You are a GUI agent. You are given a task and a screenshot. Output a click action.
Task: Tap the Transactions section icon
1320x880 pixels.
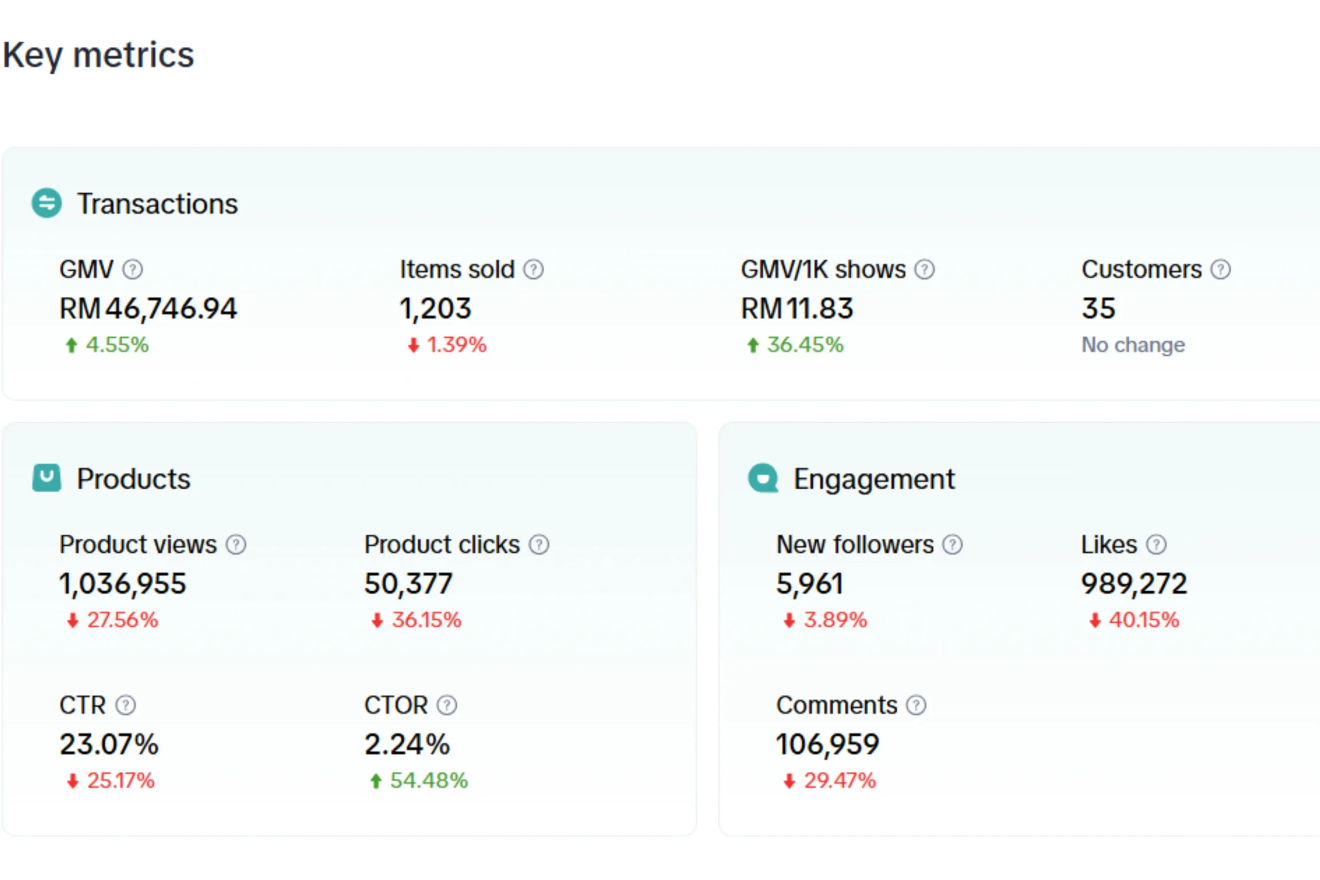pyautogui.click(x=46, y=203)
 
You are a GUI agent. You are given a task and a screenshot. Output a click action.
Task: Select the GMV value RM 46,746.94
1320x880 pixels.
pyautogui.click(x=148, y=309)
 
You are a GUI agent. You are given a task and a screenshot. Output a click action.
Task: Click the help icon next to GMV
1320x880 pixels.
pyautogui.click(x=133, y=270)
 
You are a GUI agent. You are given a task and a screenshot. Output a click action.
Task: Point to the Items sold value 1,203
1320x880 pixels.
pyautogui.click(x=435, y=309)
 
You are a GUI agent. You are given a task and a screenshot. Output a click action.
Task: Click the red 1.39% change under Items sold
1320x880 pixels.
pyautogui.click(x=456, y=344)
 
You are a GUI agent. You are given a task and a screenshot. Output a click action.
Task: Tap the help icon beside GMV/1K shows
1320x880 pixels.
pyautogui.click(x=925, y=270)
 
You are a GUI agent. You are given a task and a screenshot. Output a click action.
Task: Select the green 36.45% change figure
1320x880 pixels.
pyautogui.click(x=805, y=344)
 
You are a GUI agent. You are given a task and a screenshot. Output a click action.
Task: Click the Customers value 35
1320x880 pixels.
pyautogui.click(x=1098, y=309)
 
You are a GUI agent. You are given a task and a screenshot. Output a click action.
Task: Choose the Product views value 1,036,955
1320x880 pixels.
pyautogui.click(x=122, y=584)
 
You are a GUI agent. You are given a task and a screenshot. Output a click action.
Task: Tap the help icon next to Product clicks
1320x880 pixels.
pyautogui.click(x=539, y=545)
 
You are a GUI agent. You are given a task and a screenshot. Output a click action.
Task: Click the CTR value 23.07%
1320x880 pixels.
pyautogui.click(x=109, y=745)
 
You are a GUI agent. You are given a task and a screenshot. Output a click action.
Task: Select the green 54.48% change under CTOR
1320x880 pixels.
pyautogui.click(x=428, y=781)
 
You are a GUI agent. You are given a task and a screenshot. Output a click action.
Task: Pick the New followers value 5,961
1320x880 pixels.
pyautogui.click(x=810, y=584)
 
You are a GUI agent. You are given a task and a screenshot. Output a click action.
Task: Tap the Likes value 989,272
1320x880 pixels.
pyautogui.click(x=1134, y=584)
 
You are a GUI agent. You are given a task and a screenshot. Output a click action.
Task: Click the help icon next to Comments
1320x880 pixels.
pyautogui.click(x=916, y=705)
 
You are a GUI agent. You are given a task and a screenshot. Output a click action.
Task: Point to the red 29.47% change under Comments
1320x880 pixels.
pyautogui.click(x=839, y=781)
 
